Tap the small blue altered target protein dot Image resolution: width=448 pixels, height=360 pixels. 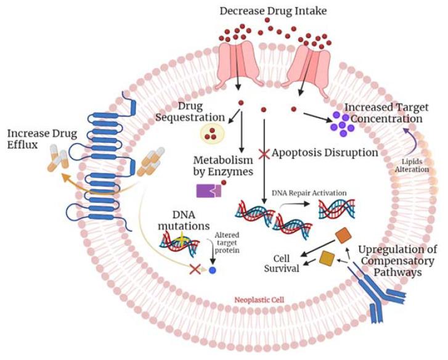coord(213,270)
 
